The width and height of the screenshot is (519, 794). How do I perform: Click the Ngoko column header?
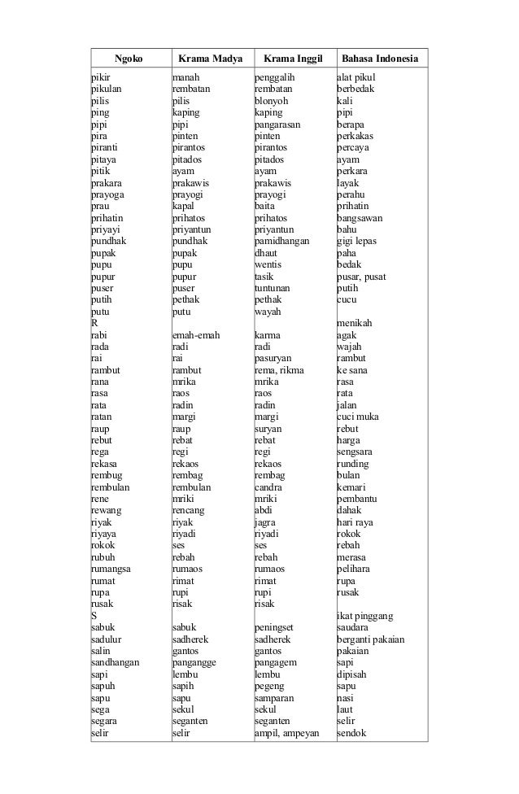coord(128,59)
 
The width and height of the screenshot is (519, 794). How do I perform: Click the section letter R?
coord(94,324)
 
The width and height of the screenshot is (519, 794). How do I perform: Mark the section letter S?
coord(94,617)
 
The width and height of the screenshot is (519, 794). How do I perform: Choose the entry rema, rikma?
coord(281,370)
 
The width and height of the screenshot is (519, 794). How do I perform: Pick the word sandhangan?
coord(115,663)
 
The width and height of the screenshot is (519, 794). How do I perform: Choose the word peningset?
coord(277,628)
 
